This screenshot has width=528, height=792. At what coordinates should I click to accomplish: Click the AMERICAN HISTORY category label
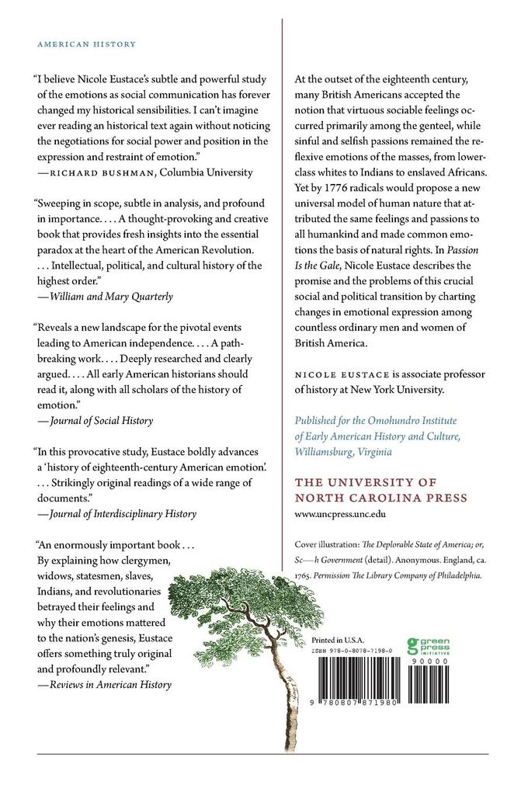(x=86, y=44)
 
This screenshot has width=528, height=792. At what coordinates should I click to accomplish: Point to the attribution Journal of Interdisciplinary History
(x=122, y=513)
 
